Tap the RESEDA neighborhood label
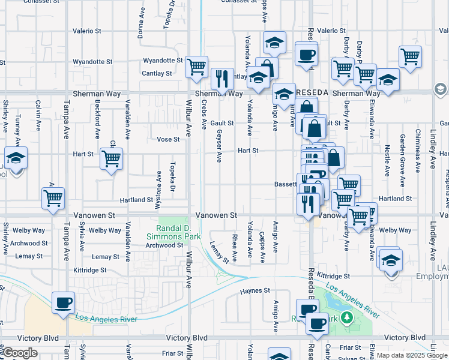coord(312,94)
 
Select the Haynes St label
coord(255,290)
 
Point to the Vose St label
coord(168,139)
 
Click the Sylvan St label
coord(349,358)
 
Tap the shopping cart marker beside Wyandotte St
coord(196,67)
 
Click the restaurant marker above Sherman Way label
coord(222,79)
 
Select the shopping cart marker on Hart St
coord(111,159)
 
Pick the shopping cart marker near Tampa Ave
coord(53,197)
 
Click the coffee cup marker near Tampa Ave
coord(63,302)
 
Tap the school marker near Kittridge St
coord(391,260)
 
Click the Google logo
coord(20,353)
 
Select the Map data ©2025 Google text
coord(412,355)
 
